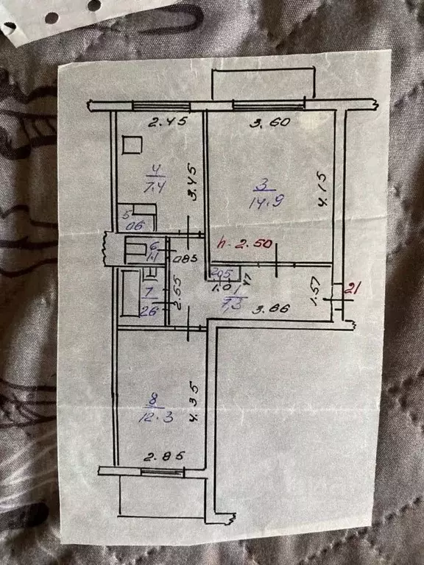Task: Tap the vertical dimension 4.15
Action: click(322, 193)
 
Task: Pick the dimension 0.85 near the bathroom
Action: click(181, 257)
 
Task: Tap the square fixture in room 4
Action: click(132, 146)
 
